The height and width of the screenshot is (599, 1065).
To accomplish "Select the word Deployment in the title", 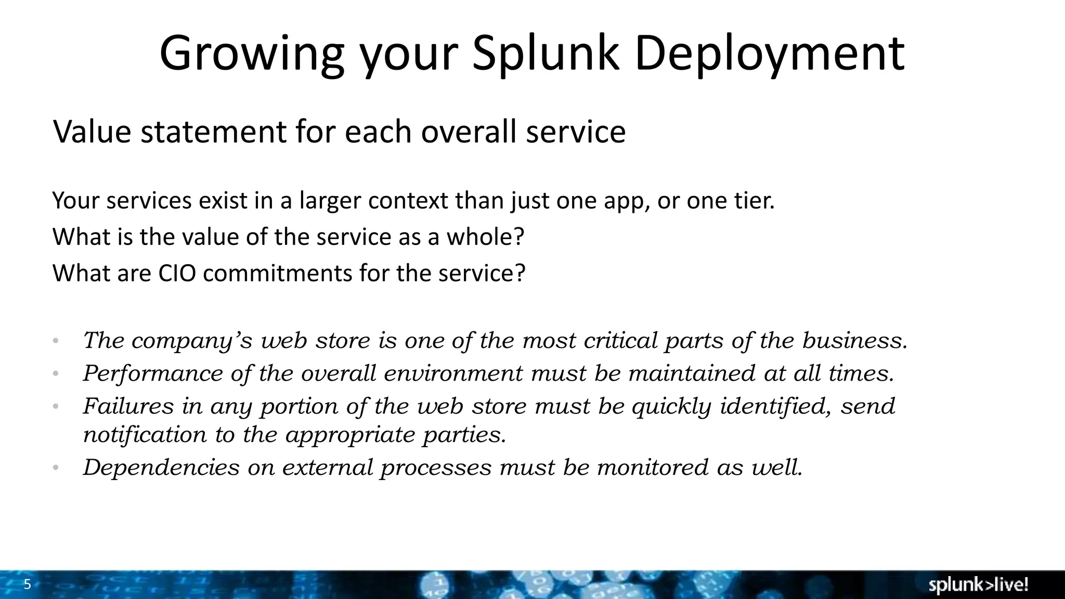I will [770, 54].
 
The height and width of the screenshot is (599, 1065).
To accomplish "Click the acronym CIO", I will [177, 274].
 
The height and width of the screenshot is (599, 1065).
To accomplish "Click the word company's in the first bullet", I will [192, 341].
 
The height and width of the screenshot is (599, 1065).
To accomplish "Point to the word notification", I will [145, 435].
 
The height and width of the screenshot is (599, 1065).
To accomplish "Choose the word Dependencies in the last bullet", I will [161, 467].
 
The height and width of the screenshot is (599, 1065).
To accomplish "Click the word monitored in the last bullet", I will [653, 467].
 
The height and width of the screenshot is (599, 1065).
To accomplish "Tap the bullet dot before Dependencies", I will [56, 468].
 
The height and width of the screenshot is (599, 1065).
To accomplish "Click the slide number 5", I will [28, 585].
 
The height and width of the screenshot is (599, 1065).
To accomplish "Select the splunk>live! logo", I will [978, 585].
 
